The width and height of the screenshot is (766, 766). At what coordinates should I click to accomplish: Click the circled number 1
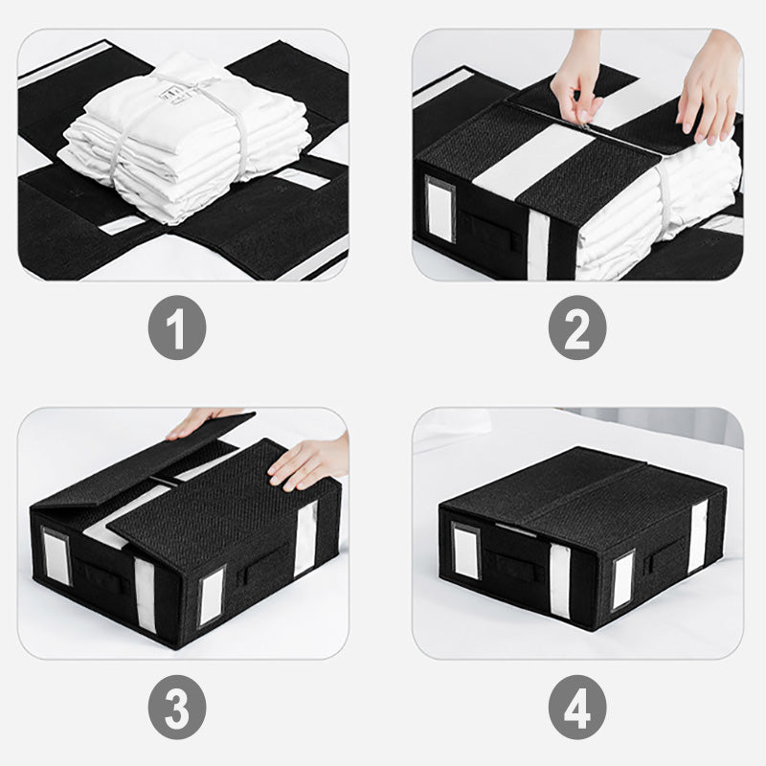tap(177, 327)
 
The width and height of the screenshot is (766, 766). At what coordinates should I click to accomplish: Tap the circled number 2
tap(577, 327)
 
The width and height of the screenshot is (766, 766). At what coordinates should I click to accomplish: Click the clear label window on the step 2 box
tap(440, 208)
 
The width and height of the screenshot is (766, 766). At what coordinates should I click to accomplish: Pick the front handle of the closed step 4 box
tap(507, 564)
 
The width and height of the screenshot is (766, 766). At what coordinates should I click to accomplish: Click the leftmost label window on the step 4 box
tap(466, 552)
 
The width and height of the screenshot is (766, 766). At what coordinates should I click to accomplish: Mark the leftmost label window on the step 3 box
tap(56, 556)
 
